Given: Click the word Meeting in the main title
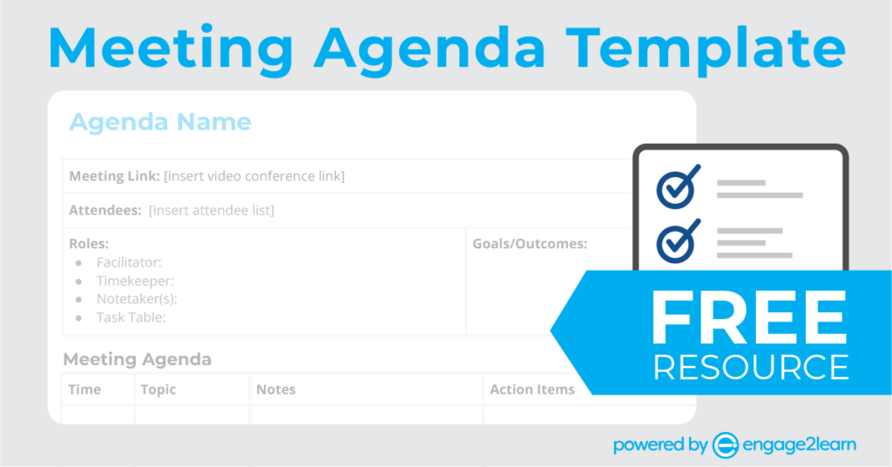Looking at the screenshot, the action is (x=172, y=48).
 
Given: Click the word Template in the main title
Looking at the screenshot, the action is (x=706, y=48).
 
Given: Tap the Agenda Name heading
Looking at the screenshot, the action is (x=160, y=122).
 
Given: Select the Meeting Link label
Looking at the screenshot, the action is (x=114, y=176).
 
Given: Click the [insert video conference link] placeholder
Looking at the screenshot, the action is (x=254, y=176).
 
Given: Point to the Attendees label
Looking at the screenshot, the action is (x=105, y=211).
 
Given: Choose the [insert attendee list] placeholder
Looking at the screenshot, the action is (x=212, y=211).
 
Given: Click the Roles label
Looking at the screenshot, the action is (x=89, y=243).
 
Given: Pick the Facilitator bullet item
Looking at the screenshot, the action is (x=129, y=262).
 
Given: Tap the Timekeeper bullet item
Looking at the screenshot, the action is (x=135, y=281).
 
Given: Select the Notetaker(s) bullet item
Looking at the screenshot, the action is (x=137, y=299).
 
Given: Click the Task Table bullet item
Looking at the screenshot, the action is (x=132, y=317).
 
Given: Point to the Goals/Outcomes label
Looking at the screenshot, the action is (x=530, y=244).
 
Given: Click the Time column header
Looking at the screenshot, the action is (x=84, y=389).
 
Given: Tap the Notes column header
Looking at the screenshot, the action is (x=276, y=389).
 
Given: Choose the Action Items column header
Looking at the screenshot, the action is (x=532, y=389).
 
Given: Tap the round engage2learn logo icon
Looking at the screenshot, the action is (x=726, y=445).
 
